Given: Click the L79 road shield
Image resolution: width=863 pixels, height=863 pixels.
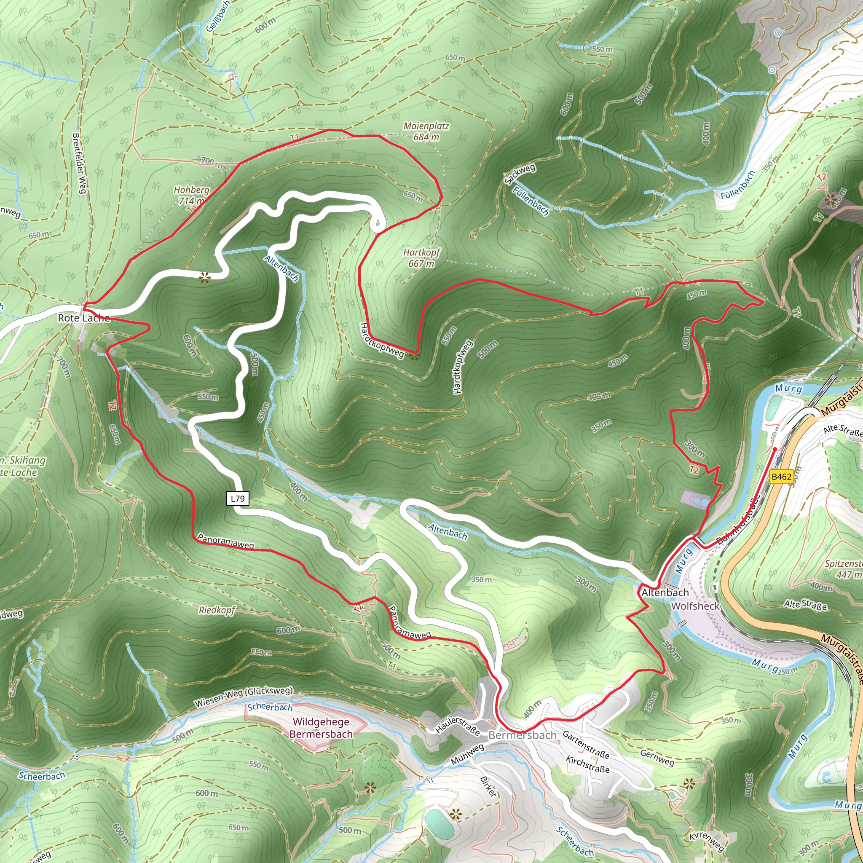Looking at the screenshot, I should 238,499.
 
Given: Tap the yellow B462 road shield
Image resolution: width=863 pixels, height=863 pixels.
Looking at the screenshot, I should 781,477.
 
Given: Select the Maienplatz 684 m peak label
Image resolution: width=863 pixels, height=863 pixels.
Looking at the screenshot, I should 426,132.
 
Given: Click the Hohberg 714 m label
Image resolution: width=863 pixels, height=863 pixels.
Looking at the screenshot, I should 192,195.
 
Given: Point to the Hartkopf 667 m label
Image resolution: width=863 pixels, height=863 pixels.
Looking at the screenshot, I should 421,258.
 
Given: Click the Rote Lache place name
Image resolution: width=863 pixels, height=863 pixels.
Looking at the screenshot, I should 84,318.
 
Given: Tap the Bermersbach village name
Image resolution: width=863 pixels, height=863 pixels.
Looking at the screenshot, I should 522,735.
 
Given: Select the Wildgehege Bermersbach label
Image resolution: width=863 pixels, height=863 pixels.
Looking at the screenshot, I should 321,728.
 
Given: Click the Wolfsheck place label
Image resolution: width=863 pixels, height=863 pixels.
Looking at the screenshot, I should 695,606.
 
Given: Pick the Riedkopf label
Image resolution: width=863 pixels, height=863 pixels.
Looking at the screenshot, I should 217,610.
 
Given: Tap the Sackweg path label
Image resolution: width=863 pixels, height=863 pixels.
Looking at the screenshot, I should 520,174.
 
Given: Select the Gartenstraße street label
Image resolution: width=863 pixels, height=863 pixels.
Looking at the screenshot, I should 586,745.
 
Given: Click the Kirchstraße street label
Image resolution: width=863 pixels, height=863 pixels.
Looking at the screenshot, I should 587,764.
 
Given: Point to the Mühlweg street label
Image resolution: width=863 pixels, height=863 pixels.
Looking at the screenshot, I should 467,754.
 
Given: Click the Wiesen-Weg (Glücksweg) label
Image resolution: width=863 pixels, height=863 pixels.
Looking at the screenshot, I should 244,697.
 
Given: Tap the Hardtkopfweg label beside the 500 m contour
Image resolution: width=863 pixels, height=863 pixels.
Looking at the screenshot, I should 462,367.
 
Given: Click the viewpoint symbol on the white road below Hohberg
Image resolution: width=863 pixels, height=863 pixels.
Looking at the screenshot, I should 204,278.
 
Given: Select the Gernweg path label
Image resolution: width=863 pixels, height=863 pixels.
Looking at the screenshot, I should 657,758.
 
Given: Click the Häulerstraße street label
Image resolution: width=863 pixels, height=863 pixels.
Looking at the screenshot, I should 457,726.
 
